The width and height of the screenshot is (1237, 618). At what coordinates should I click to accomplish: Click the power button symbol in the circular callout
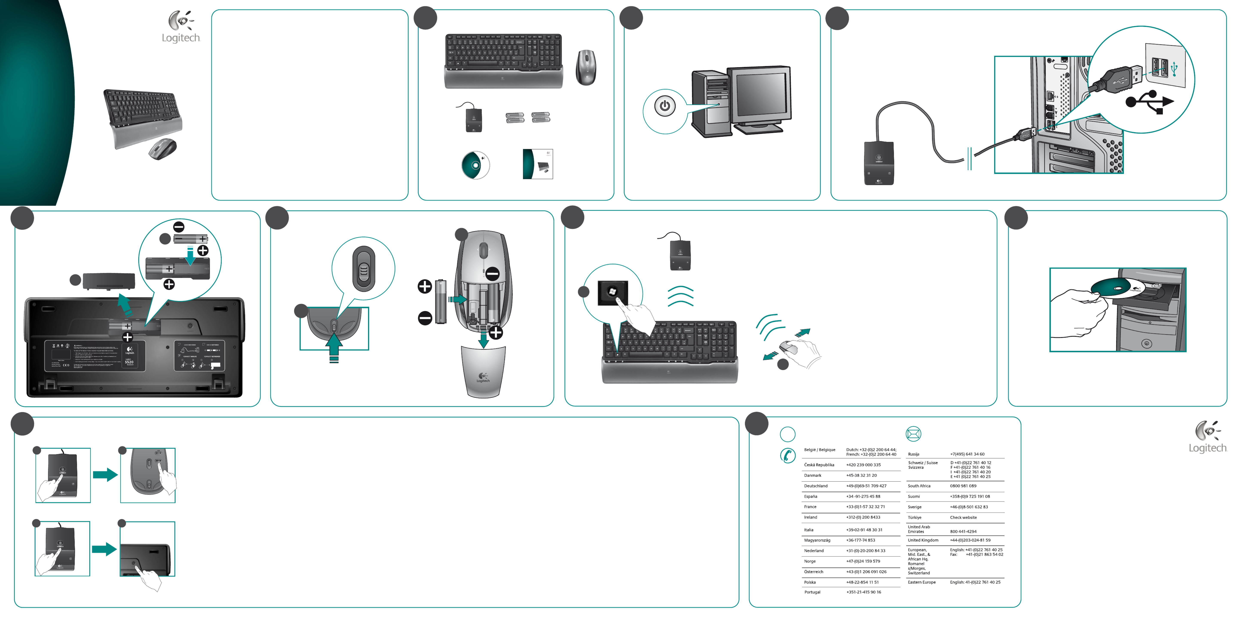pos(665,106)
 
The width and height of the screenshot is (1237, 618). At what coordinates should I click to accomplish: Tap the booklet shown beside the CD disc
pos(538,164)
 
